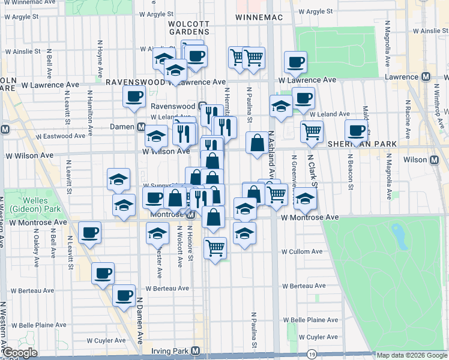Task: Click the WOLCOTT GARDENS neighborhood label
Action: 188,26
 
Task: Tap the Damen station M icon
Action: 142,127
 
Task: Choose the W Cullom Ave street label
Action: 303,251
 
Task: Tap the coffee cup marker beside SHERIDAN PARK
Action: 357,131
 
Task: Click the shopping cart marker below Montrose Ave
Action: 215,247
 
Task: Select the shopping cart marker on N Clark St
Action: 312,131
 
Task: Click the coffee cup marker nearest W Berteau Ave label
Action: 124,295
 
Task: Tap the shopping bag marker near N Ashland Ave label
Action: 257,143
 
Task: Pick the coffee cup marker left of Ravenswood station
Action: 134,96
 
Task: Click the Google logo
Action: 20,353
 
